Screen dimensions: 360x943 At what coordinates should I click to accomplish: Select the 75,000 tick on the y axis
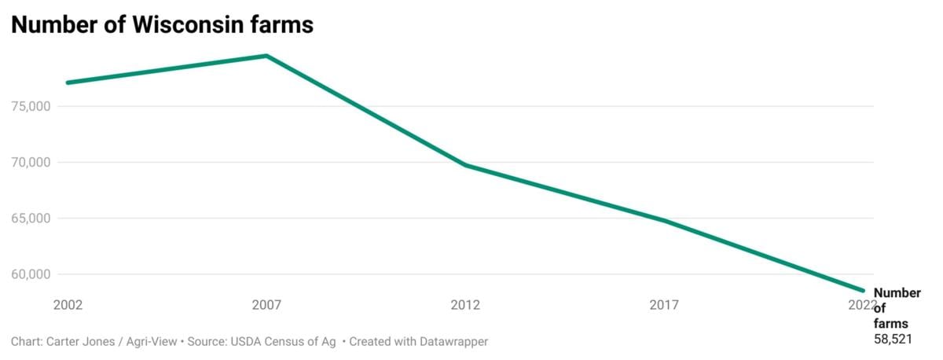tap(31, 106)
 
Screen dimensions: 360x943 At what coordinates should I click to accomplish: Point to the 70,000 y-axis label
tap(31, 163)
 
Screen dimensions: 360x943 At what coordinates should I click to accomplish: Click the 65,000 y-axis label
tap(31, 219)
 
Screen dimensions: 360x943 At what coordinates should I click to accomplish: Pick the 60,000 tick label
tap(31, 274)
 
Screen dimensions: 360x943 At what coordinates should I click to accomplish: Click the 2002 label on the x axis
tap(68, 304)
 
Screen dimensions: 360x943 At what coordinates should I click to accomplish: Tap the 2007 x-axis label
tap(266, 304)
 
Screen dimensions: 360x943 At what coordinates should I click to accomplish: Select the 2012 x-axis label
tap(465, 304)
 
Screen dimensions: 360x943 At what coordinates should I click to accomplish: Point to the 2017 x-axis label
tap(664, 304)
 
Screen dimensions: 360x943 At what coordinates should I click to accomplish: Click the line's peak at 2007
tap(266, 56)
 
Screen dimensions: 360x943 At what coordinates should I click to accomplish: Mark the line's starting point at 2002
tap(68, 83)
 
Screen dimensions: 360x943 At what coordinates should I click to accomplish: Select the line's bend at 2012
tap(465, 165)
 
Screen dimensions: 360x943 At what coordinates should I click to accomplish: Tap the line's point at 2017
tap(664, 221)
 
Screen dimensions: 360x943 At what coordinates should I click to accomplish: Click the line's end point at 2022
tap(863, 291)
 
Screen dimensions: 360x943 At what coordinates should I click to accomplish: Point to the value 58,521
tap(893, 339)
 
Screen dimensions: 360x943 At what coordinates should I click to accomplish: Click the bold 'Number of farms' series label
tap(896, 308)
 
